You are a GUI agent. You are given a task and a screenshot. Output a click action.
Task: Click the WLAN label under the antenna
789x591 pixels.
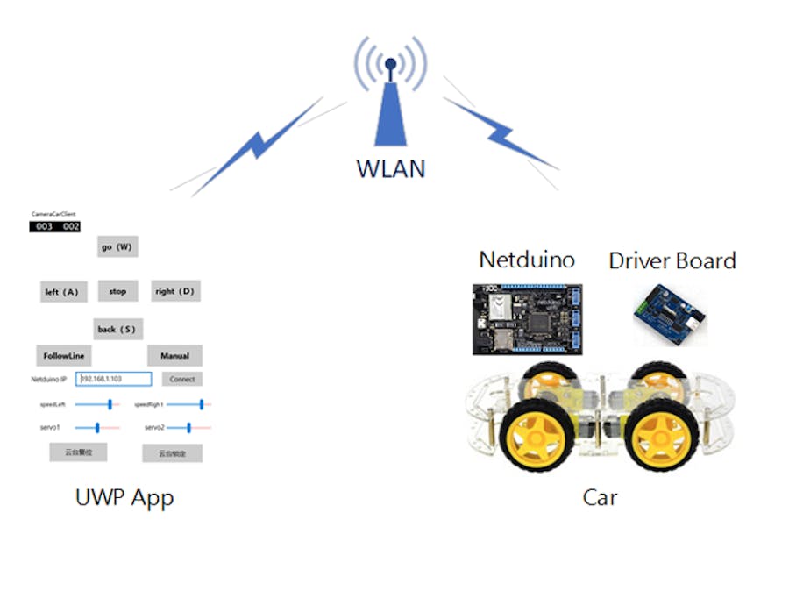click(x=391, y=167)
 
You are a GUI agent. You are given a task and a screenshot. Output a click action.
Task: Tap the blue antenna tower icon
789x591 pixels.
click(x=391, y=101)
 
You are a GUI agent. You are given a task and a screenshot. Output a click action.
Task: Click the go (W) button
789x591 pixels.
click(x=117, y=247)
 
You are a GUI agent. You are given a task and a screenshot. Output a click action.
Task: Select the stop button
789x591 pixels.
click(x=117, y=291)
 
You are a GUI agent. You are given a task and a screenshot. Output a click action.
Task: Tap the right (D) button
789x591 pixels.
click(x=174, y=291)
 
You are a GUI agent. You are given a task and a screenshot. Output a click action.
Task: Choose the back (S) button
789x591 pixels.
click(x=117, y=329)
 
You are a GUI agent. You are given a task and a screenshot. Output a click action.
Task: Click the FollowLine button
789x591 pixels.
click(x=62, y=356)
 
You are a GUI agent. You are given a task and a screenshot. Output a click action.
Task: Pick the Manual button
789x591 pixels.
click(x=174, y=356)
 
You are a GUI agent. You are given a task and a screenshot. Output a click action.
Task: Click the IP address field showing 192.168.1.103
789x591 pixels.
click(x=114, y=379)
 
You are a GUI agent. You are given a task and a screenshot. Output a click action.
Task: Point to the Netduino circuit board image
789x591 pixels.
click(x=527, y=319)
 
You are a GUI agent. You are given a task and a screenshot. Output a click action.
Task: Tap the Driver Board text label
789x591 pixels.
click(x=672, y=260)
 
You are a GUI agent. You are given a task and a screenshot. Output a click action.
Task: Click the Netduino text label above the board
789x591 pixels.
click(x=527, y=260)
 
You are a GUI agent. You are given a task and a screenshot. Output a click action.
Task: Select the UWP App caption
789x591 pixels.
click(x=124, y=498)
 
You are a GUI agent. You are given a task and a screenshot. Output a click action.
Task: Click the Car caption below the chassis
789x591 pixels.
click(x=600, y=498)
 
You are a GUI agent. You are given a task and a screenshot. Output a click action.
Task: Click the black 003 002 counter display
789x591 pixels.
click(x=54, y=227)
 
